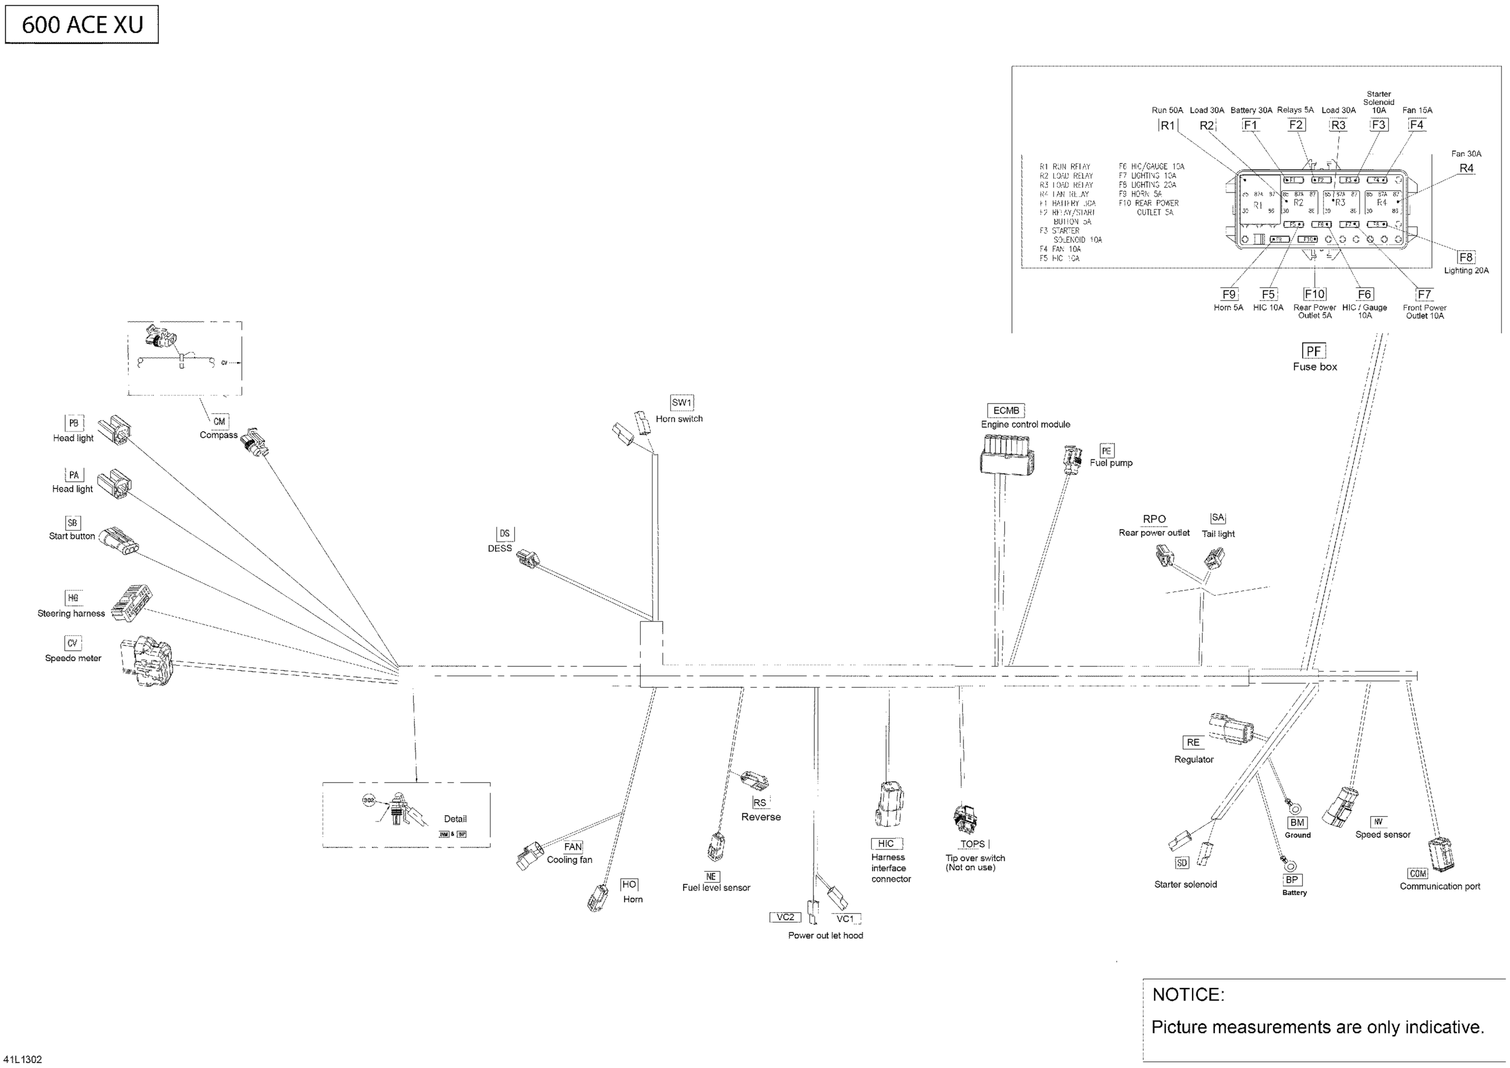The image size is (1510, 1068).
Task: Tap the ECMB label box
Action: click(1006, 410)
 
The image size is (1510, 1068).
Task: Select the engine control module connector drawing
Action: click(1006, 454)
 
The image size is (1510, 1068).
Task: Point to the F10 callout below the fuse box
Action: click(1315, 294)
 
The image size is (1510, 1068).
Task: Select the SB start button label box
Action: click(72, 523)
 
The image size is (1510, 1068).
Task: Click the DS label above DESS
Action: click(504, 534)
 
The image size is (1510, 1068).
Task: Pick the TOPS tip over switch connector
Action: click(964, 817)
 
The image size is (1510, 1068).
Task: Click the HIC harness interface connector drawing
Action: click(888, 804)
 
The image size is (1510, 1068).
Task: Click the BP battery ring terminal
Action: click(1291, 865)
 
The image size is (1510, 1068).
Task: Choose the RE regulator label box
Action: click(1193, 742)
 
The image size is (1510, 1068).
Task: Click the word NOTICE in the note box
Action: click(1188, 994)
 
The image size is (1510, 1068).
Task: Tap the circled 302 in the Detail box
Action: click(369, 800)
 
